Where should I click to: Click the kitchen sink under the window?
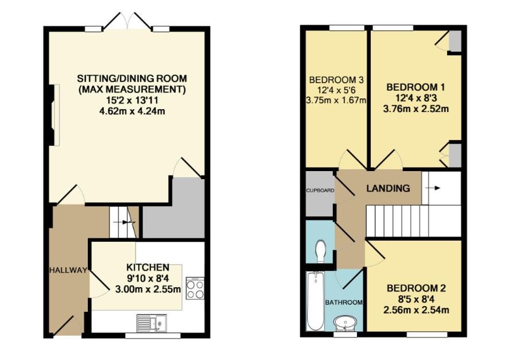[x=151, y=323]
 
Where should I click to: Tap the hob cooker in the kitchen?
[x=195, y=288]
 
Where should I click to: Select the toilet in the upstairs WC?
[x=320, y=251]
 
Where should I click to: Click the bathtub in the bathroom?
[x=314, y=301]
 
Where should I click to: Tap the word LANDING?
[x=388, y=188]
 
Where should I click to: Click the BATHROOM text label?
[x=344, y=303]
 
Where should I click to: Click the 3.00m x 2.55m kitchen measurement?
[x=147, y=289]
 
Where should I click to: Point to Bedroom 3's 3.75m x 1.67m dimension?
[x=337, y=100]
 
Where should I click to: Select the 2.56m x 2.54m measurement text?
[x=415, y=310]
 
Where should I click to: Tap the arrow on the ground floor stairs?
[x=125, y=222]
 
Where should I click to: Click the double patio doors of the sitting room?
[x=127, y=22]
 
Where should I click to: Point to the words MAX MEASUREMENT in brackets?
[x=132, y=89]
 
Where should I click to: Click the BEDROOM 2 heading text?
[x=415, y=288]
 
